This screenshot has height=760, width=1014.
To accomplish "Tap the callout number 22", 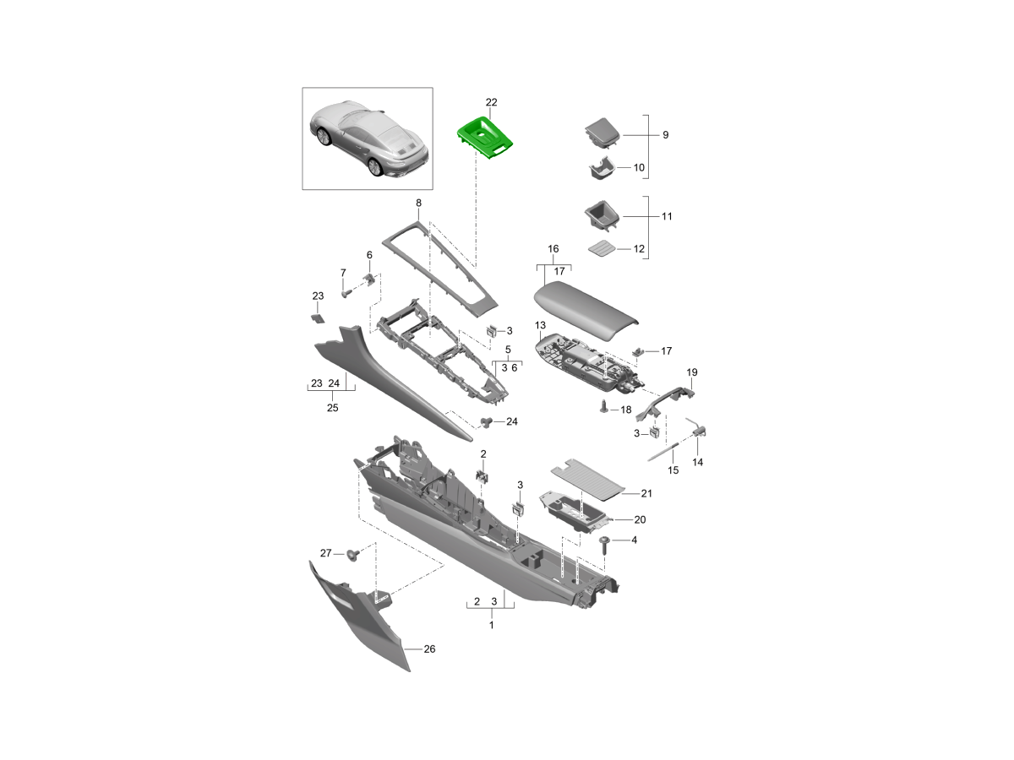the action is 491,102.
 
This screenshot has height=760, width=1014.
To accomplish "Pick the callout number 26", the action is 429,649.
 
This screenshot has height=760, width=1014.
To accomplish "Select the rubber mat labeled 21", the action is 588,480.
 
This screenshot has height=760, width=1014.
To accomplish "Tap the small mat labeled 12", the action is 602,249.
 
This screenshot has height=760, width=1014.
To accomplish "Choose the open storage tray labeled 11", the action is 602,216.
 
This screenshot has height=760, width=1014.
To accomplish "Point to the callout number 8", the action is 418,203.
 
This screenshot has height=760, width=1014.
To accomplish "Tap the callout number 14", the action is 698,462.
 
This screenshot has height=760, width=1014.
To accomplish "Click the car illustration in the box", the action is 368,138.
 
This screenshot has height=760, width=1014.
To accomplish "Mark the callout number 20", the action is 640,519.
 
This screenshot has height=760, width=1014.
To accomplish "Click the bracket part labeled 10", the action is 601,168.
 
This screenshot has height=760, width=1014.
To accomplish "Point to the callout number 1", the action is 492,625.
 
